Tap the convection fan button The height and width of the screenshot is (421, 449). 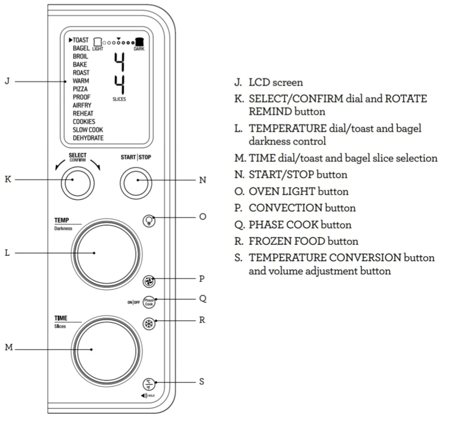point(149,280)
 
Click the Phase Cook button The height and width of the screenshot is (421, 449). point(149,302)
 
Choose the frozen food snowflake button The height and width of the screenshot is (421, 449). point(149,323)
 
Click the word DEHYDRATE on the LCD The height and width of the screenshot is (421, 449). point(88,138)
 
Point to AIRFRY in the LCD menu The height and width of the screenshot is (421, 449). point(82,105)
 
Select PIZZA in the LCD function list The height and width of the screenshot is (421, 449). point(80,89)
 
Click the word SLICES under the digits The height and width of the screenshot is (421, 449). point(119,99)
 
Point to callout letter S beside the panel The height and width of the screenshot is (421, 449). point(202,381)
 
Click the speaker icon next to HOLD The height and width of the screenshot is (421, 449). point(144,395)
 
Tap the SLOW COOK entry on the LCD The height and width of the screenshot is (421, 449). point(88,130)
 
